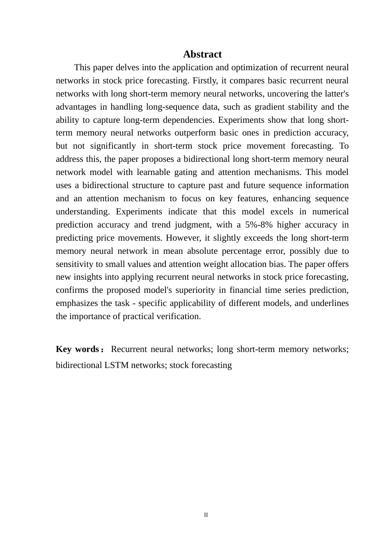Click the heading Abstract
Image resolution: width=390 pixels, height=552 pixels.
pos(202,54)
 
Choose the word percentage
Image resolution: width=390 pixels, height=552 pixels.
pos(253,251)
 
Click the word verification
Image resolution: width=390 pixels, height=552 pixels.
pos(180,316)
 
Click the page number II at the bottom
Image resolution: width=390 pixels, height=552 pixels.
pos(206,515)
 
